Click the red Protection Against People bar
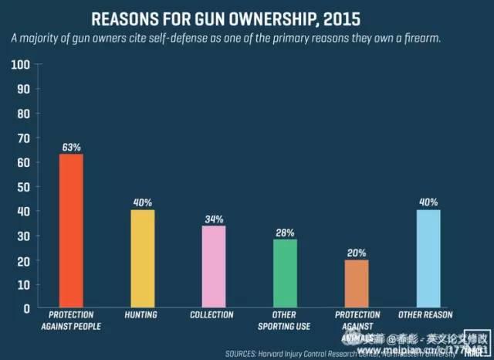click(71, 231)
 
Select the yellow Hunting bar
click(142, 259)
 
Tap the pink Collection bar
click(214, 267)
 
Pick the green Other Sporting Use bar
click(285, 273)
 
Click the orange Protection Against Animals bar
click(357, 284)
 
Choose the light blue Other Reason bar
click(428, 259)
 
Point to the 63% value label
click(72, 145)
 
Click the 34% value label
click(214, 218)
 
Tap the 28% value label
click(285, 232)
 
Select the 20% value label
click(357, 252)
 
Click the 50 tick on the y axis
click(25, 186)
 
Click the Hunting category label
click(142, 315)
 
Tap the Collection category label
click(214, 315)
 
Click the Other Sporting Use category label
click(285, 321)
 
